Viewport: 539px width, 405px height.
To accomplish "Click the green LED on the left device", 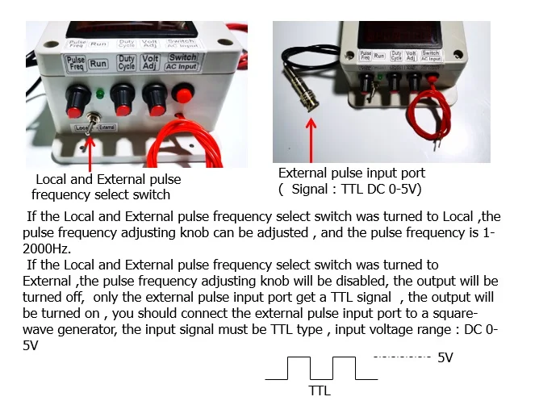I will pyautogui.click(x=98, y=93).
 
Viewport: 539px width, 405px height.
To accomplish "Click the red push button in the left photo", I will pyautogui.click(x=184, y=96).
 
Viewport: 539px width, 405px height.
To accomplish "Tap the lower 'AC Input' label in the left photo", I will pyautogui.click(x=182, y=67).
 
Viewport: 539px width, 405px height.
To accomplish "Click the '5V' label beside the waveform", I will pyautogui.click(x=445, y=357).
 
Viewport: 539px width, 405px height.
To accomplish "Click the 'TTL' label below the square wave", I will pyautogui.click(x=320, y=390).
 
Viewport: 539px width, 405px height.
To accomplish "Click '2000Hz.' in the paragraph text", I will pyautogui.click(x=49, y=248).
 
